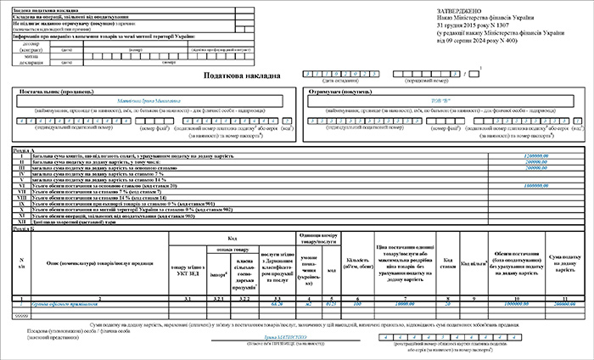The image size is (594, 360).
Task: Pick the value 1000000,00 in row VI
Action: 537,185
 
